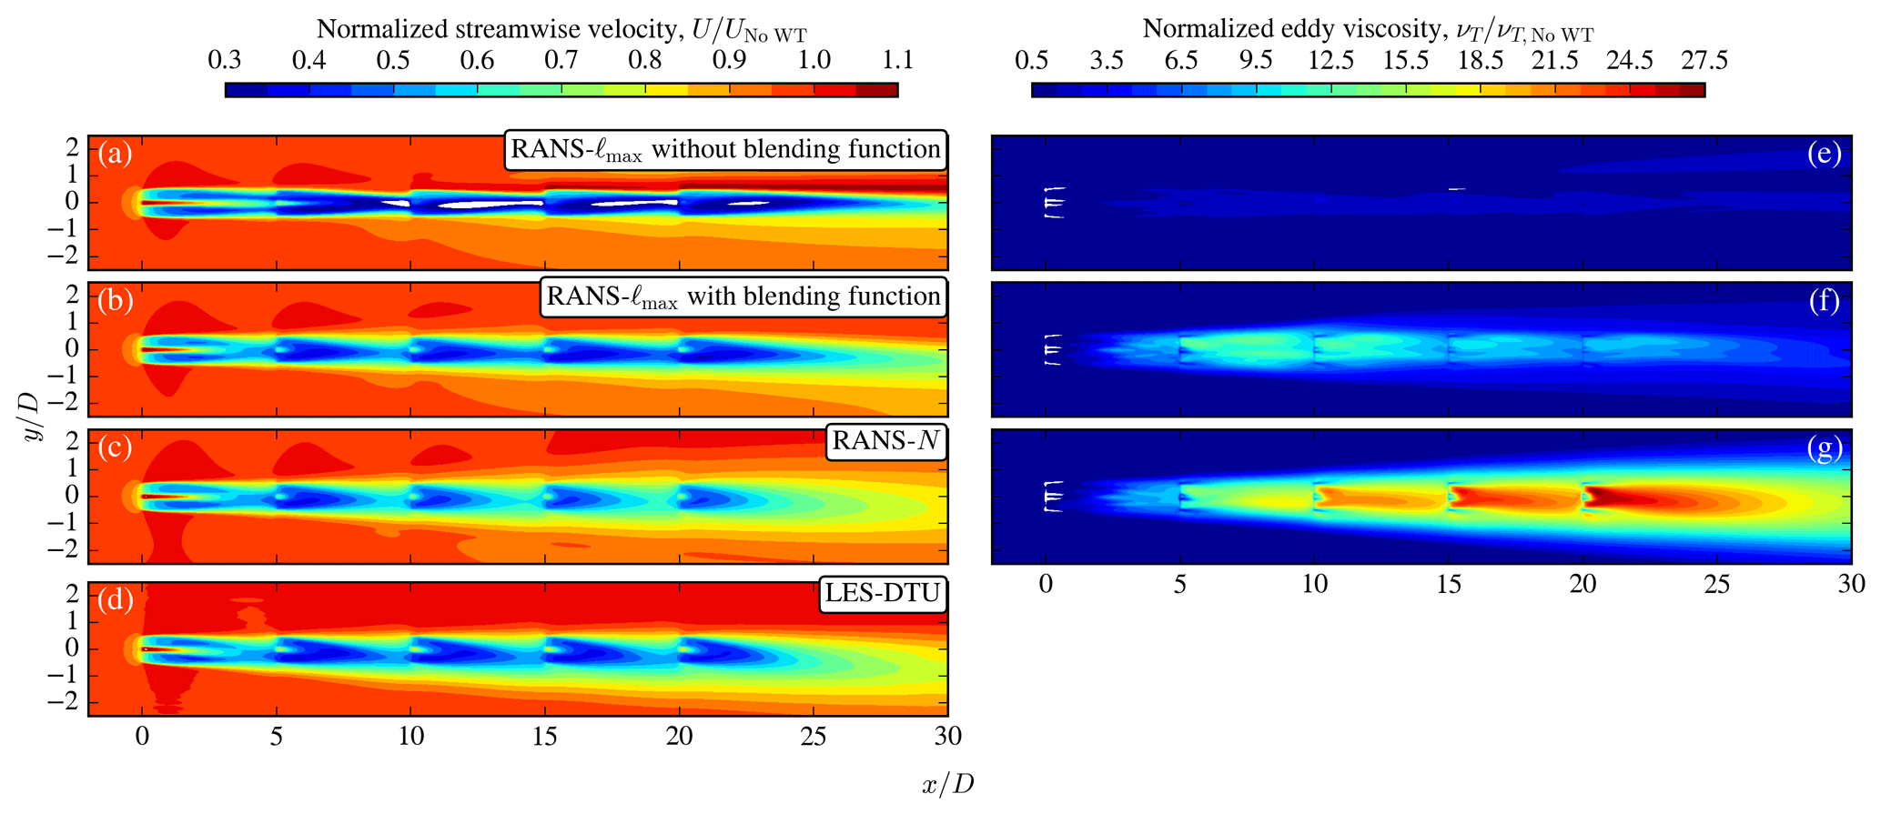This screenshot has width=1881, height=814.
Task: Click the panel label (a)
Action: (x=116, y=154)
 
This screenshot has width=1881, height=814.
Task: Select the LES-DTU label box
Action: (x=882, y=595)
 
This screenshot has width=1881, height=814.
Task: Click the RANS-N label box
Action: (x=885, y=442)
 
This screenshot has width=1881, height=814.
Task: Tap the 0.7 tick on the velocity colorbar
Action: (x=561, y=61)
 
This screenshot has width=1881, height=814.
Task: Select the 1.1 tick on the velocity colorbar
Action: (x=897, y=61)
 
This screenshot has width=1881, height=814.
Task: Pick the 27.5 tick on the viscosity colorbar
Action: (x=1704, y=61)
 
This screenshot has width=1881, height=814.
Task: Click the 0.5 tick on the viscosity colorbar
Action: (x=1031, y=61)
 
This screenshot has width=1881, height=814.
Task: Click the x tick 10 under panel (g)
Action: (x=1314, y=584)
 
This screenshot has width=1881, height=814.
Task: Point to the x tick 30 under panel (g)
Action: (x=1851, y=584)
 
